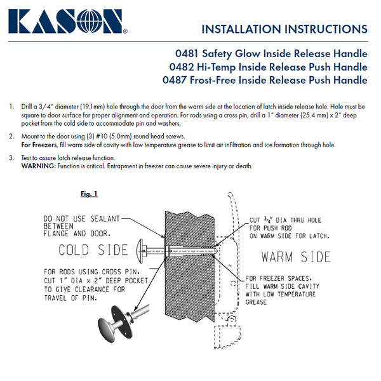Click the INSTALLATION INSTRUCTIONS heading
point(284,29)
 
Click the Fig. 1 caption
point(88,194)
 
